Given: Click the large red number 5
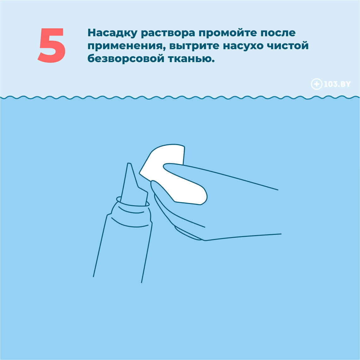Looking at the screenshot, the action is pos(52,45).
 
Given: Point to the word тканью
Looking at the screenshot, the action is pos(191,59).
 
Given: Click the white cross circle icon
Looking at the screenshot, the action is pos(316,84).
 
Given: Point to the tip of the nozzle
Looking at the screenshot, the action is pos(129,164).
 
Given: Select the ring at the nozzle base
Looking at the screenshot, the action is pos(133,202).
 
